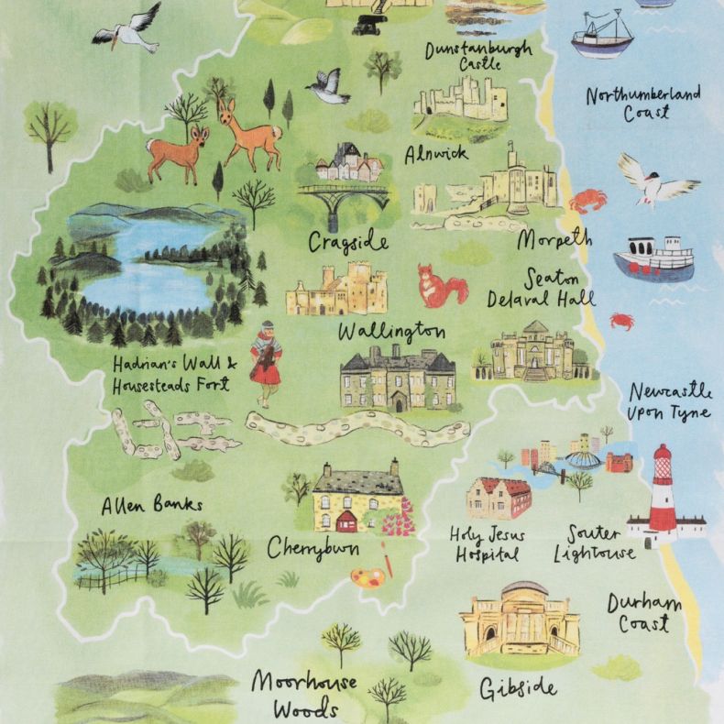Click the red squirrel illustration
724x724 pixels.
pos(441,285)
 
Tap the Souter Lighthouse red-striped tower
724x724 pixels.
pos(663,496)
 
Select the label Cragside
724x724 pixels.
pos(348,242)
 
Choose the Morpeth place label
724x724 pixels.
pos(554,239)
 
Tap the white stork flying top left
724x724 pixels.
pos(128,27)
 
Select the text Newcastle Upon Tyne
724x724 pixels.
pos(669,401)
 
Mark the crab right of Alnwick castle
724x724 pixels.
pos(587,199)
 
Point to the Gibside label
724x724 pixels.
pos(518,687)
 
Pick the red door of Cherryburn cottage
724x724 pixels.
pos(346,522)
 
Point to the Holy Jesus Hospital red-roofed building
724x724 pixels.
pos(499,499)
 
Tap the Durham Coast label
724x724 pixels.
pos(644,613)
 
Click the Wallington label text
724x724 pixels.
pos(391,330)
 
